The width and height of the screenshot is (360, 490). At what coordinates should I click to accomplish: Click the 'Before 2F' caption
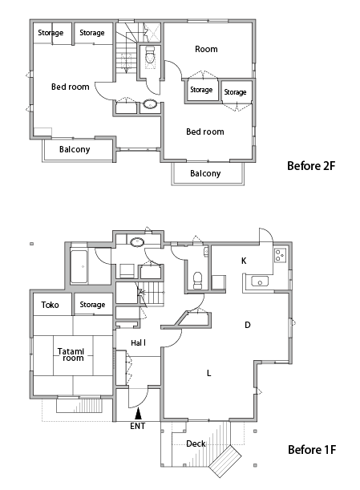point(311,166)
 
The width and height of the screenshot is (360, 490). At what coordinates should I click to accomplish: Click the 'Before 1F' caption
point(312,450)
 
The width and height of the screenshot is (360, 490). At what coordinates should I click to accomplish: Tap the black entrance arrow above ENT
point(138,414)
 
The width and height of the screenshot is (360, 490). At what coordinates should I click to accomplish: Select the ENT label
point(137,426)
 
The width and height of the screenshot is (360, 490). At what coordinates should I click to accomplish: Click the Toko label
point(50,305)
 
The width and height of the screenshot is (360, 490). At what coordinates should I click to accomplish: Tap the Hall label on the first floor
point(139,342)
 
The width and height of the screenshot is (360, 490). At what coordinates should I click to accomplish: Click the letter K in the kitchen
point(244,261)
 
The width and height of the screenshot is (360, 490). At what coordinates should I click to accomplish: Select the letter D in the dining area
point(248,325)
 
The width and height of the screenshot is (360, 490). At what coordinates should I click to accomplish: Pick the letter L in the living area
point(209,373)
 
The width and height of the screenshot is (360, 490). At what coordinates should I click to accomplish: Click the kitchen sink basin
point(260,281)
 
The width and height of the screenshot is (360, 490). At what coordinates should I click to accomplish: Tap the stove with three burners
point(281,255)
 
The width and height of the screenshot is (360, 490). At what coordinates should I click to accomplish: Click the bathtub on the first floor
point(79,266)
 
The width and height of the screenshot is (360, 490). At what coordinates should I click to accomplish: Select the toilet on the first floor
point(197,279)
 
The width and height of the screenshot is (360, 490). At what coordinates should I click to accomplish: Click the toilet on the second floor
point(150,55)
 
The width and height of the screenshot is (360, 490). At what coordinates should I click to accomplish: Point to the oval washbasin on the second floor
point(150,104)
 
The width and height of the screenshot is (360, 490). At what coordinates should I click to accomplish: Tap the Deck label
point(196,443)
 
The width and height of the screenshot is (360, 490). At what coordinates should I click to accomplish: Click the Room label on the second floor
point(206,49)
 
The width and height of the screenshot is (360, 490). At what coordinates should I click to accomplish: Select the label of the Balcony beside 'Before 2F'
point(205,173)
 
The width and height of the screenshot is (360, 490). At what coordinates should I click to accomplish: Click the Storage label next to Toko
point(92,305)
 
